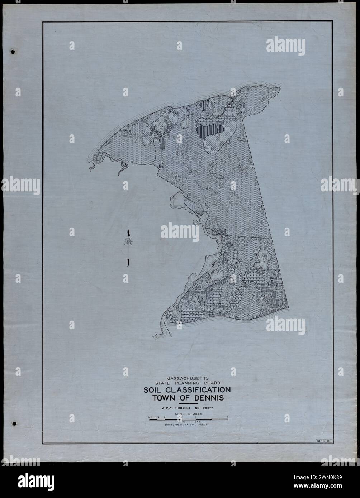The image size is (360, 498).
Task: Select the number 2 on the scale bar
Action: (x=227, y=417)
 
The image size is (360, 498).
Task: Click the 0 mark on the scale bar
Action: (x=165, y=417)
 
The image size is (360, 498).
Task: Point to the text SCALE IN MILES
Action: (x=188, y=413)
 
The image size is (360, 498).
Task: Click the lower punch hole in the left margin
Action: (x=14, y=423)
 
